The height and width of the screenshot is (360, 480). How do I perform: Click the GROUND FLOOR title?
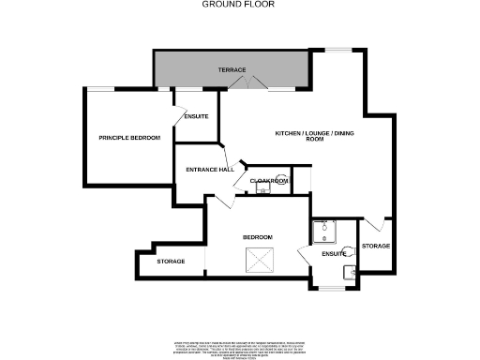[239, 5]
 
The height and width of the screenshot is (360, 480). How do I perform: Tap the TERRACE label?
[232, 70]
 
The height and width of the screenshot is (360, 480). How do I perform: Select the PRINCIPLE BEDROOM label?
[129, 138]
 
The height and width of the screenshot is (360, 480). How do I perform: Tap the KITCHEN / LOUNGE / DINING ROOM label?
[316, 138]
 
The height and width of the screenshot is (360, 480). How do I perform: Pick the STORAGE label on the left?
[171, 262]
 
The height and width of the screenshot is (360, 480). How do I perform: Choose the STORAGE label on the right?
[375, 246]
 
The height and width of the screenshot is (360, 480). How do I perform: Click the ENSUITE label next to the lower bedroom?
[333, 253]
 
